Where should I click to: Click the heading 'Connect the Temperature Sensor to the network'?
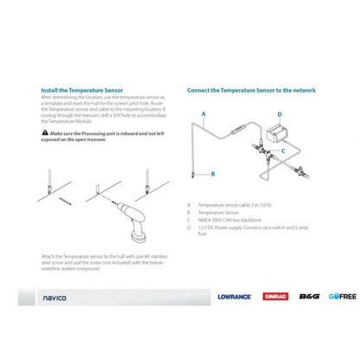(x=251, y=89)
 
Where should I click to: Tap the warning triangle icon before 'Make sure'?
(x=45, y=132)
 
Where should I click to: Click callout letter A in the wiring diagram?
(x=203, y=113)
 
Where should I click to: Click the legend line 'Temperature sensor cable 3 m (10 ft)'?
(x=237, y=206)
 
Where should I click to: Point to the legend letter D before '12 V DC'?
(x=189, y=227)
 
